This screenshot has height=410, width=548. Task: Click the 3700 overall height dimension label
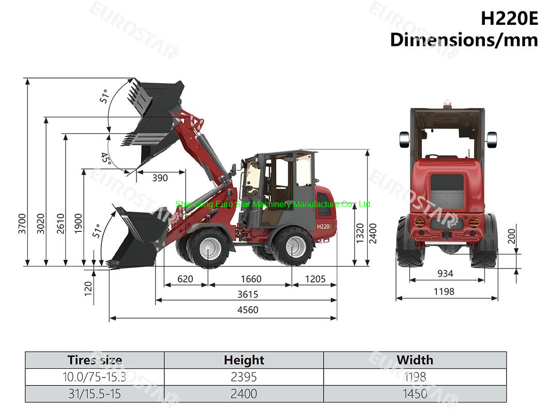[22, 224]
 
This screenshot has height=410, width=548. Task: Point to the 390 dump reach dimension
[160, 178]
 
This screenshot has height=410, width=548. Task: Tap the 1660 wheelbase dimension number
[251, 279]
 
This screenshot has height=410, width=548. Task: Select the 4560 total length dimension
[248, 310]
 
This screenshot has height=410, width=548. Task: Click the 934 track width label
[445, 274]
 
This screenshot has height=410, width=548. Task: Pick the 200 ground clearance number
[512, 236]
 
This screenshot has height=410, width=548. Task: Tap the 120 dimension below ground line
[88, 289]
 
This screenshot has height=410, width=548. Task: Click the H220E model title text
[509, 19]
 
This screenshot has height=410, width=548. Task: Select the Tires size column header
[95, 360]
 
